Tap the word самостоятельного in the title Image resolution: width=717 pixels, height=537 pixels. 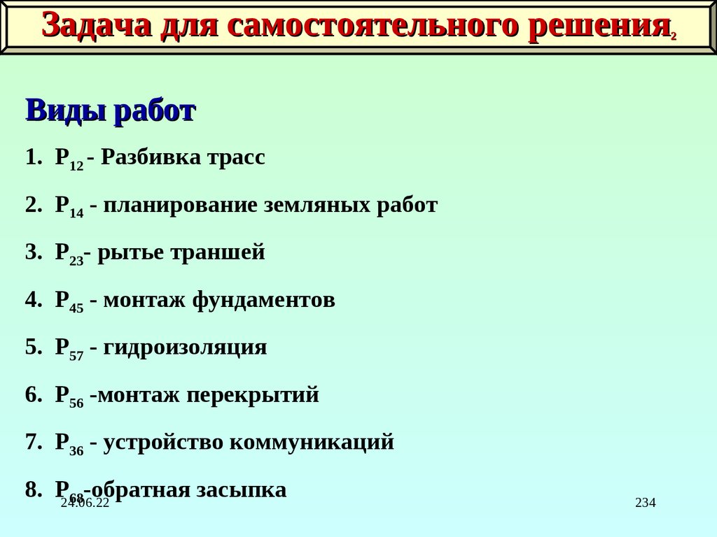(x=373, y=26)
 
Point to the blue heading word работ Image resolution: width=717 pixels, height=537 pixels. (x=153, y=110)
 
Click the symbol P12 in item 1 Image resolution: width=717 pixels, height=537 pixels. (x=69, y=159)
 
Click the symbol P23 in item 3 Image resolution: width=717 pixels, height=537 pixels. (x=69, y=255)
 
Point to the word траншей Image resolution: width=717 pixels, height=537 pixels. (x=225, y=252)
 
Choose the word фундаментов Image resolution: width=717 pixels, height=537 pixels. (x=263, y=301)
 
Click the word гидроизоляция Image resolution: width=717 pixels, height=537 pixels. (x=185, y=348)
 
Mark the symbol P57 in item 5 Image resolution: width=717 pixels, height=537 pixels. (x=69, y=350)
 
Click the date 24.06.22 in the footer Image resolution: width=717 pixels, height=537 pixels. (x=85, y=503)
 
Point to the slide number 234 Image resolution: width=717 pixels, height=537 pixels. (x=645, y=503)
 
